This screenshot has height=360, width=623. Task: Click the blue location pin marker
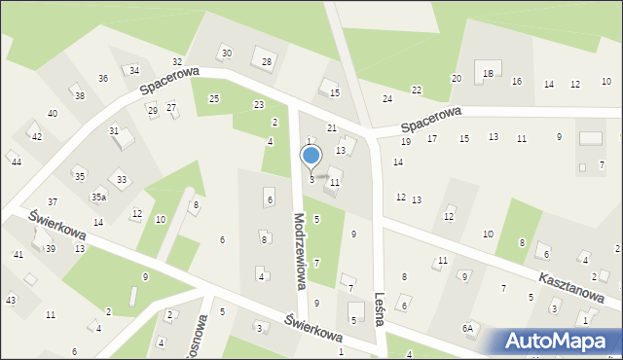(x=311, y=156)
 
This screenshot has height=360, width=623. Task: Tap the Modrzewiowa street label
(x=300, y=252)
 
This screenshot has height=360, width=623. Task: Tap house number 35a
(x=98, y=197)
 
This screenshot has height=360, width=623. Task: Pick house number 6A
(x=469, y=329)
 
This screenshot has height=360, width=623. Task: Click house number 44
(x=17, y=162)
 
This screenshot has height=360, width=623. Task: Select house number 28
(x=267, y=62)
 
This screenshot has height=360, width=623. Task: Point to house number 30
(x=226, y=53)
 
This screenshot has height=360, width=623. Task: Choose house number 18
(x=488, y=74)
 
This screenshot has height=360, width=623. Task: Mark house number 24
(x=387, y=99)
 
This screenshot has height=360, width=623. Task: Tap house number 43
(x=11, y=300)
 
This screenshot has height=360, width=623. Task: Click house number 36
(x=103, y=78)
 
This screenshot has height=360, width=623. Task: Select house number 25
(x=214, y=98)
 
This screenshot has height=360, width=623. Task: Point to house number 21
(x=331, y=128)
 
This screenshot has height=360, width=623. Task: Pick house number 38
(x=80, y=95)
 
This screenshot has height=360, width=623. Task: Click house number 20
(x=456, y=78)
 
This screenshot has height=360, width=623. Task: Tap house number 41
(x=18, y=254)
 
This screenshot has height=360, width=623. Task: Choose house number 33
(x=122, y=179)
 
